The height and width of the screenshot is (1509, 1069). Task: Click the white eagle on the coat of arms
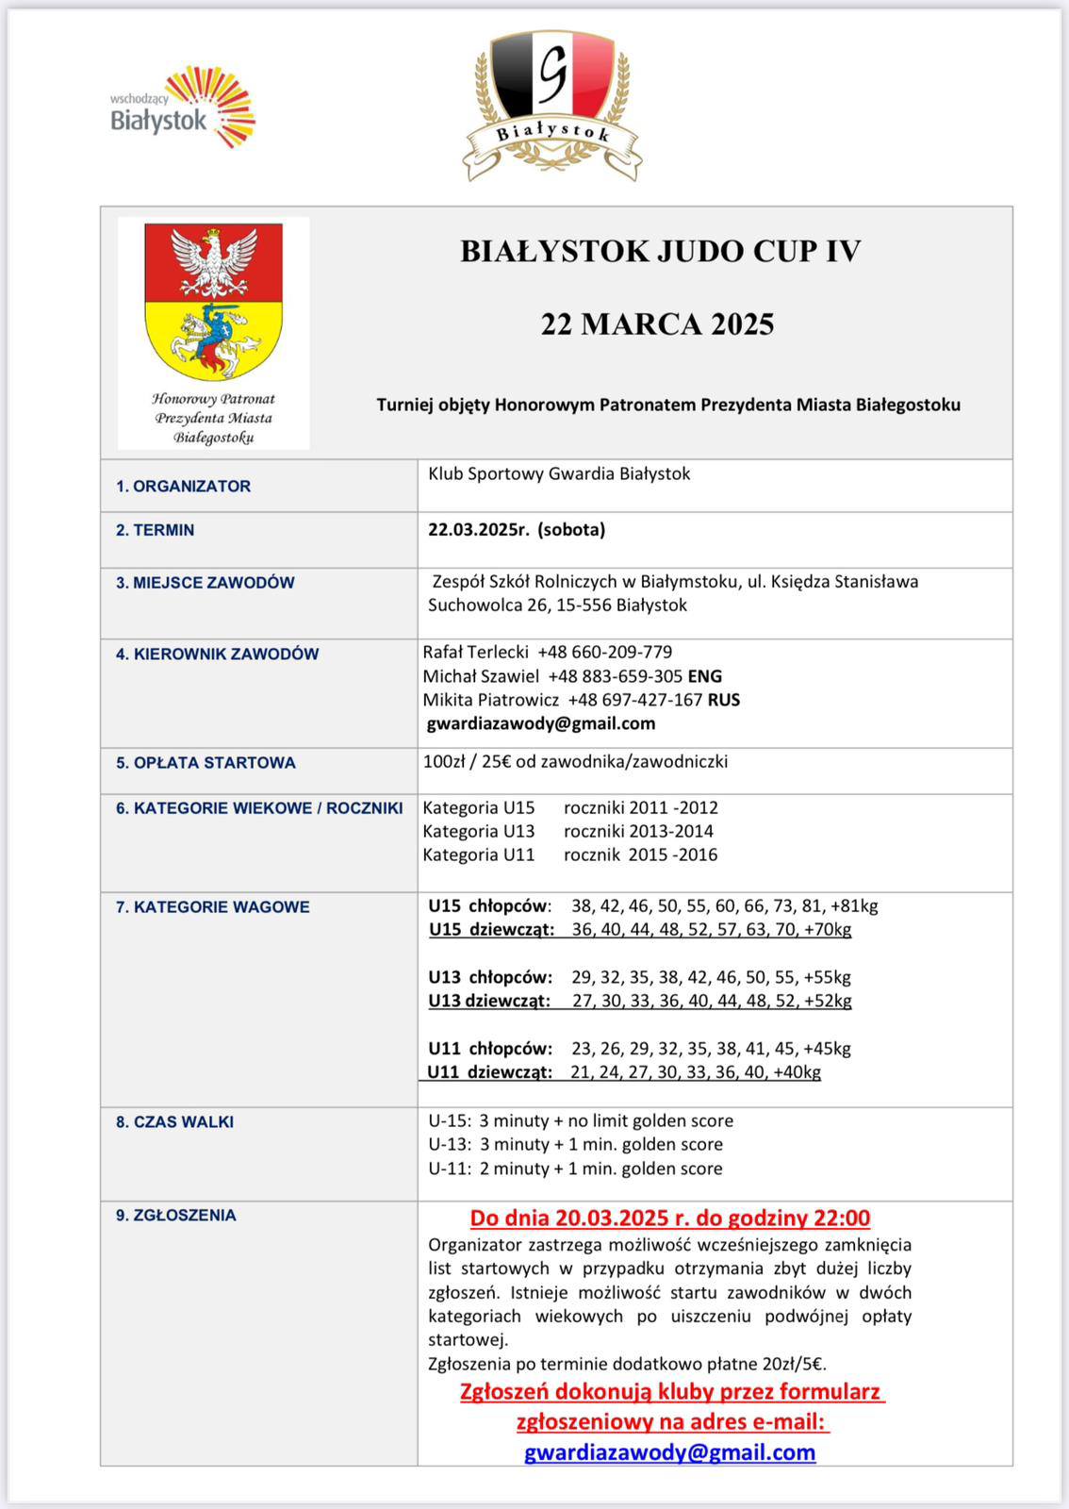coord(214,260)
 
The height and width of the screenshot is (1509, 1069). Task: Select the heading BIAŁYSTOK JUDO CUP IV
coord(660,251)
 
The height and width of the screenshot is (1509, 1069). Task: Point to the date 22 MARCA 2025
coord(657,324)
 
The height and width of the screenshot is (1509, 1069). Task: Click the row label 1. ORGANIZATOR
coord(183,487)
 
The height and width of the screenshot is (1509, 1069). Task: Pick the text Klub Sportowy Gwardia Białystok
coord(559,473)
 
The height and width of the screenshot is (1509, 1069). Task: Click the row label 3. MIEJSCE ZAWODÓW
coord(205,583)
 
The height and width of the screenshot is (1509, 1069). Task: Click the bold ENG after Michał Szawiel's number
coord(705,676)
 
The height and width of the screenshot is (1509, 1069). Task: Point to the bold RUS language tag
coord(724,700)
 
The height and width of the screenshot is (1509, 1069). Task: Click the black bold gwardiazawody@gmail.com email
coord(541,723)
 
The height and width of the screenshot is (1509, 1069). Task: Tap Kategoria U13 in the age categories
coord(479,831)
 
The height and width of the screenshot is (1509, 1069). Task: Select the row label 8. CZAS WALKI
coord(174,1122)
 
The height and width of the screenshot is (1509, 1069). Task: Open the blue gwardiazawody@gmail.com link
coord(670,1451)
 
